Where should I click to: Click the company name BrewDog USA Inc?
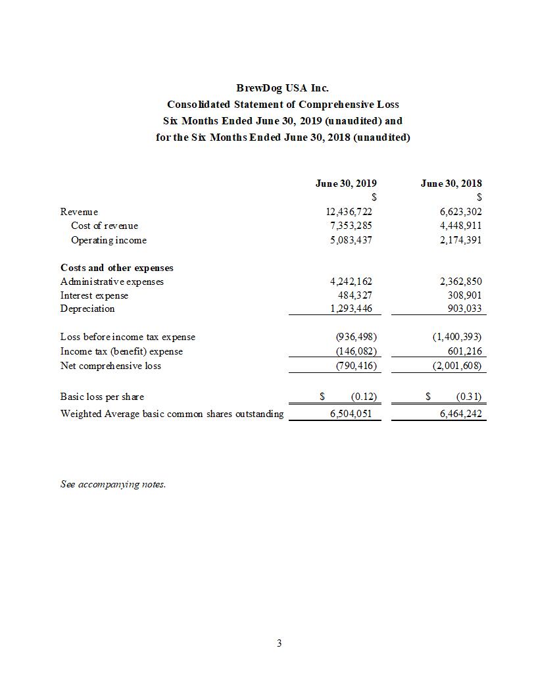[x=282, y=87]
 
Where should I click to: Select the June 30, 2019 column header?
[x=346, y=184]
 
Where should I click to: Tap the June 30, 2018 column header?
[x=451, y=184]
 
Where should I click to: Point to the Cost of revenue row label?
[x=105, y=226]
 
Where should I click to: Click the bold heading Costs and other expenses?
[x=117, y=268]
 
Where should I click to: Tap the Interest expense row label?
[x=94, y=295]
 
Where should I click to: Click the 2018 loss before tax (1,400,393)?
[x=456, y=337]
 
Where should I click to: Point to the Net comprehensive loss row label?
[x=110, y=365]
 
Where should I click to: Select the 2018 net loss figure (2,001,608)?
[x=456, y=365]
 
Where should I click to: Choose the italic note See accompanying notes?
[x=113, y=484]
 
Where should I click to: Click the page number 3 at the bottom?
[x=279, y=643]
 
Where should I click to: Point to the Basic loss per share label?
[x=102, y=397]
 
